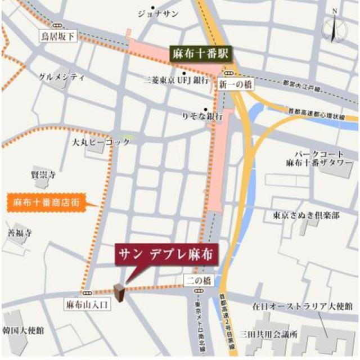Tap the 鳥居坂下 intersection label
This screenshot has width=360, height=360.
coord(57,37)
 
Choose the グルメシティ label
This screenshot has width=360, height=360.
coord(61,76)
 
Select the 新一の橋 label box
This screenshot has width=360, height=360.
coord(231,84)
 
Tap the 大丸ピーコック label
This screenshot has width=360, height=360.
coord(101,142)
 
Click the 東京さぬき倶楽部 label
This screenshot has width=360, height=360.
coord(307,215)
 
